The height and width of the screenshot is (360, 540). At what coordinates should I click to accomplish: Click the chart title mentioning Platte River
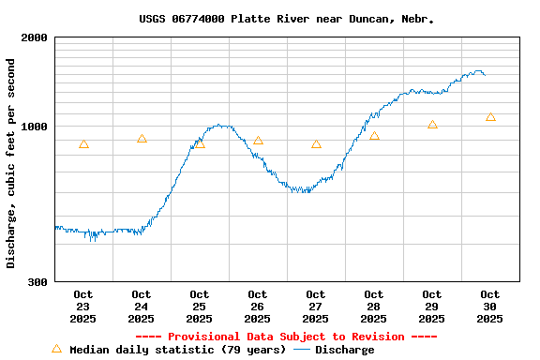[287, 19]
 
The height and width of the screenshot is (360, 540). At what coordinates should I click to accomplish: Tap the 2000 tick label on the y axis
[34, 37]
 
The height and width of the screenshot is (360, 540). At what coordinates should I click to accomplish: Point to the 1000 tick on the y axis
[34, 127]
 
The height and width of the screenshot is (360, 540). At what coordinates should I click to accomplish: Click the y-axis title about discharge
[11, 163]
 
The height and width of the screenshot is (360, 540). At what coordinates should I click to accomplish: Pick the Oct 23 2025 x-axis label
[83, 307]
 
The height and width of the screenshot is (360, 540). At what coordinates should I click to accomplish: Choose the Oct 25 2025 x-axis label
[200, 307]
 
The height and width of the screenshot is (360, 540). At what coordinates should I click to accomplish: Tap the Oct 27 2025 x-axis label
[316, 307]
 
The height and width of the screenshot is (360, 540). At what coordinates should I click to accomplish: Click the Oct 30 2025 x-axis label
[490, 307]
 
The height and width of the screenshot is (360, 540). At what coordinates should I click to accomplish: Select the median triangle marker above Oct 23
[83, 143]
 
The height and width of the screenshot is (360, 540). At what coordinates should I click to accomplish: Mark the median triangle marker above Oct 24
[142, 138]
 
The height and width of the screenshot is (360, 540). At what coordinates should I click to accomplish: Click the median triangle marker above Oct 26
[258, 141]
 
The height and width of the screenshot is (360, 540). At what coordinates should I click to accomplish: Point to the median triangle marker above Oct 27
[316, 143]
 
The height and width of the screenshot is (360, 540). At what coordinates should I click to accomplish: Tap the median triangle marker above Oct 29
[432, 125]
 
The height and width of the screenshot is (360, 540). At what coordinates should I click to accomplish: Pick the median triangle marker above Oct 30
[490, 117]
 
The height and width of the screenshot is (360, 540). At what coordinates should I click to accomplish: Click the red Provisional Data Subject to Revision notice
[287, 337]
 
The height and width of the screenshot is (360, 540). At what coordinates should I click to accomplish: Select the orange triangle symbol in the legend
[56, 349]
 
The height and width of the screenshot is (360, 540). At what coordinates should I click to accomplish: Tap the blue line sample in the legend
[302, 350]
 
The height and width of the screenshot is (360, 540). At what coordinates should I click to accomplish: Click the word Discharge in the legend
[344, 350]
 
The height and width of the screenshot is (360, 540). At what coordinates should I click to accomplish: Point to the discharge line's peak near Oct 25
[220, 125]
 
